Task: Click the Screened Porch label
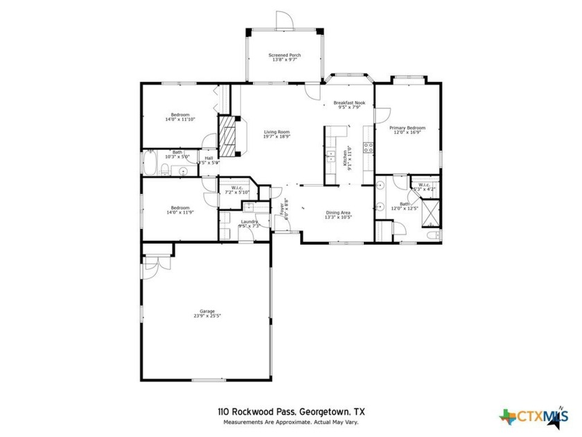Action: point(284,55)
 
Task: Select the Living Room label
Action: point(276,132)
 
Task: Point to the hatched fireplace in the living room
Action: point(228,135)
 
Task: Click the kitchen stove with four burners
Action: point(368,147)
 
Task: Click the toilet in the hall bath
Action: point(163,169)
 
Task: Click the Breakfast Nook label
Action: point(349,103)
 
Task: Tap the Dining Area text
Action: point(338,212)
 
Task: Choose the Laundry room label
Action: point(249,221)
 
